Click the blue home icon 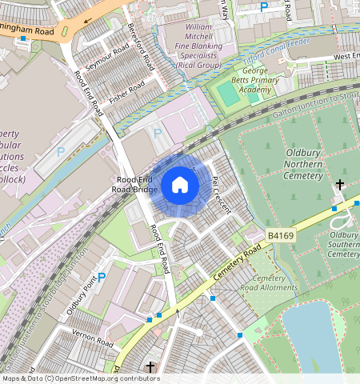pos(180,186)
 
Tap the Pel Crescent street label pos(220,195)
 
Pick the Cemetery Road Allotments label pos(269,282)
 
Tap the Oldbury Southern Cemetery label pos(343,244)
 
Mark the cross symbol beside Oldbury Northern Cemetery pos(340,185)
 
